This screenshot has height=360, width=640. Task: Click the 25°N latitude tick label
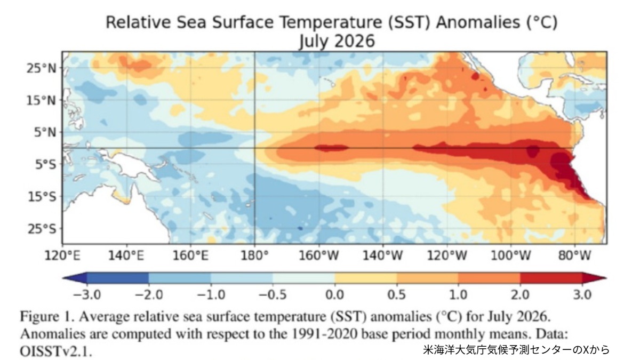click(42, 69)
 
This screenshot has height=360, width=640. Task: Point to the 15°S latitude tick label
click(42, 197)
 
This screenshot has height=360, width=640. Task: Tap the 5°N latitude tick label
click(45, 133)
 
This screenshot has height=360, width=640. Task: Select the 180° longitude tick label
click(254, 255)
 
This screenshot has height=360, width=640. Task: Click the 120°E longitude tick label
click(62, 255)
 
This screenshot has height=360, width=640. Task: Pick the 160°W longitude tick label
click(318, 255)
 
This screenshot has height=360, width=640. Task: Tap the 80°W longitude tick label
click(574, 255)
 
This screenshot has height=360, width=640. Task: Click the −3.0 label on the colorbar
click(87, 294)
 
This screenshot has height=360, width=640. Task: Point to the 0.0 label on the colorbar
click(334, 294)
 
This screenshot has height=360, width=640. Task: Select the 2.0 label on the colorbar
click(521, 294)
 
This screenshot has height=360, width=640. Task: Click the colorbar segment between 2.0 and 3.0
click(551, 278)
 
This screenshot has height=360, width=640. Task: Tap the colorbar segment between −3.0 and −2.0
click(118, 278)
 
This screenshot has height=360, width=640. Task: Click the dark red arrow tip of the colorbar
click(594, 278)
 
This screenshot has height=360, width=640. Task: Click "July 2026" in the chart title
click(337, 41)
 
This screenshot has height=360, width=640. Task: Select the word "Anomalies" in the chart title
click(478, 22)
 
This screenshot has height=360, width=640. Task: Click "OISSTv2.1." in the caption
click(56, 351)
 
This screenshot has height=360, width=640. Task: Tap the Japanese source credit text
click(516, 350)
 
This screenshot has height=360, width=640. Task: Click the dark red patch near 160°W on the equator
click(331, 148)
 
